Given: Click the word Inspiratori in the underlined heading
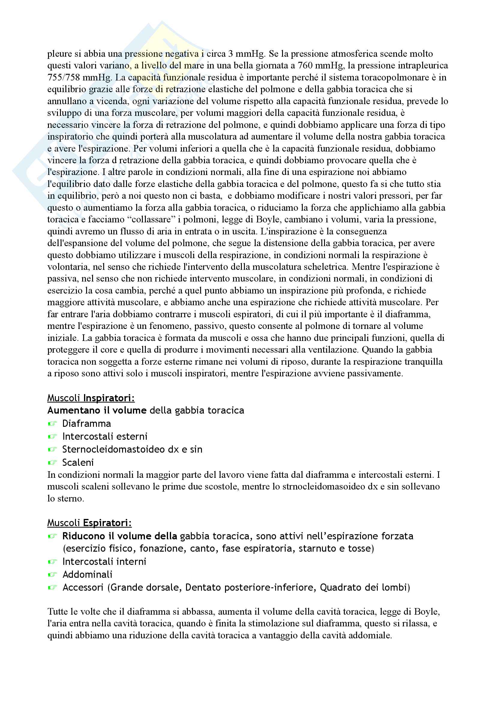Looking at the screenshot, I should coord(109,398).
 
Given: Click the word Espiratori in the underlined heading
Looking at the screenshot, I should coord(107,523).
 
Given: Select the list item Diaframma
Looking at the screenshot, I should coord(86,423).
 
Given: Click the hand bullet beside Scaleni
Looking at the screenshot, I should coord(53,462).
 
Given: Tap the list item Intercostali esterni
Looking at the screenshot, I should coord(104,436).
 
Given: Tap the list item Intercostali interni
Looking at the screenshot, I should coord(104,561).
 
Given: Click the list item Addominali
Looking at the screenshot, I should coord(87,574).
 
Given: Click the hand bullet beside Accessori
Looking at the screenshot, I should coord(53,588).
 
